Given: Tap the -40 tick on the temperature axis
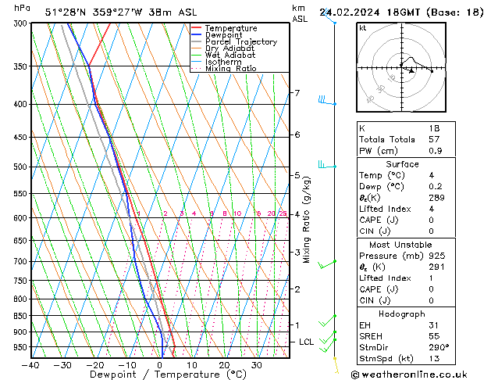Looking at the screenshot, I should tap(30, 364).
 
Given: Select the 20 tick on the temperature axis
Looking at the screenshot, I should tap(224, 364).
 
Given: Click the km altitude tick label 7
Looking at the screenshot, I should tap(297, 93).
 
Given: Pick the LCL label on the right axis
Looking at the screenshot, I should tap(307, 342).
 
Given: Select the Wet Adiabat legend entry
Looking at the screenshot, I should tap(231, 55).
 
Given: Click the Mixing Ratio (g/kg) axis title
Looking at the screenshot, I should tap(307, 219).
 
